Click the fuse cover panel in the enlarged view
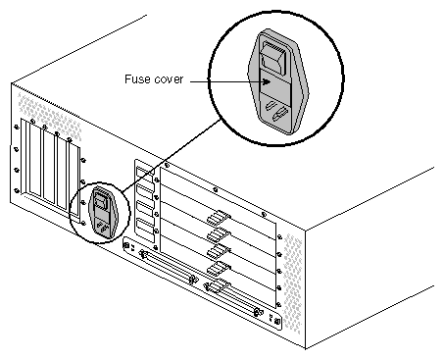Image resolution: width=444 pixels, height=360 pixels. [278, 87]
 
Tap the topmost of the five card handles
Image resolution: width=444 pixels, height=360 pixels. [218, 216]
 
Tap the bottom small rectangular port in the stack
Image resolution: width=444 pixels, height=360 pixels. [147, 233]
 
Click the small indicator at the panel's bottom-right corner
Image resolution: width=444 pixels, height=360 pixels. [276, 321]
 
